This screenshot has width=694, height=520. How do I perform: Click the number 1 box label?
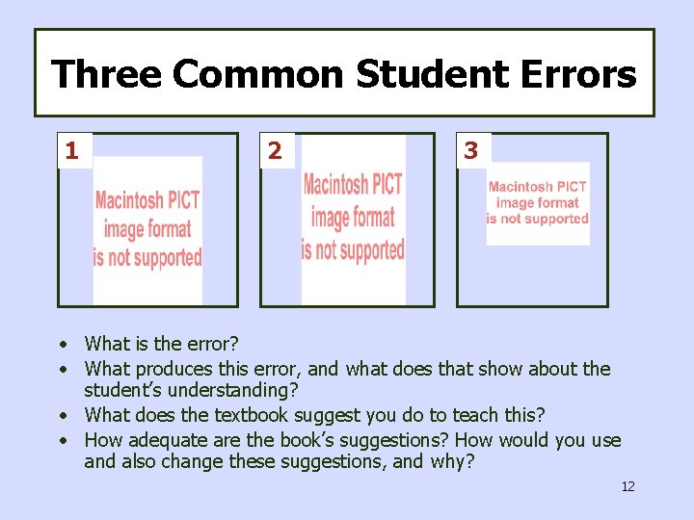point(72,150)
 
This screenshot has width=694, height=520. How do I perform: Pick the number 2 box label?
point(276,151)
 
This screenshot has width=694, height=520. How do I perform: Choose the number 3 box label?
point(471,150)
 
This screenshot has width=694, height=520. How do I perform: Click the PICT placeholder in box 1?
point(147,229)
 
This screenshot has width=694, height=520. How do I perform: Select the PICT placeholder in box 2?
point(353,218)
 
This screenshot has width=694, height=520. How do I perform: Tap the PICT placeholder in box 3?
point(537,203)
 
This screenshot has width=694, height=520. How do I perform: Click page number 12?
point(627,486)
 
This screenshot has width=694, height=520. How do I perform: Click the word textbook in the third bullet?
point(266,415)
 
